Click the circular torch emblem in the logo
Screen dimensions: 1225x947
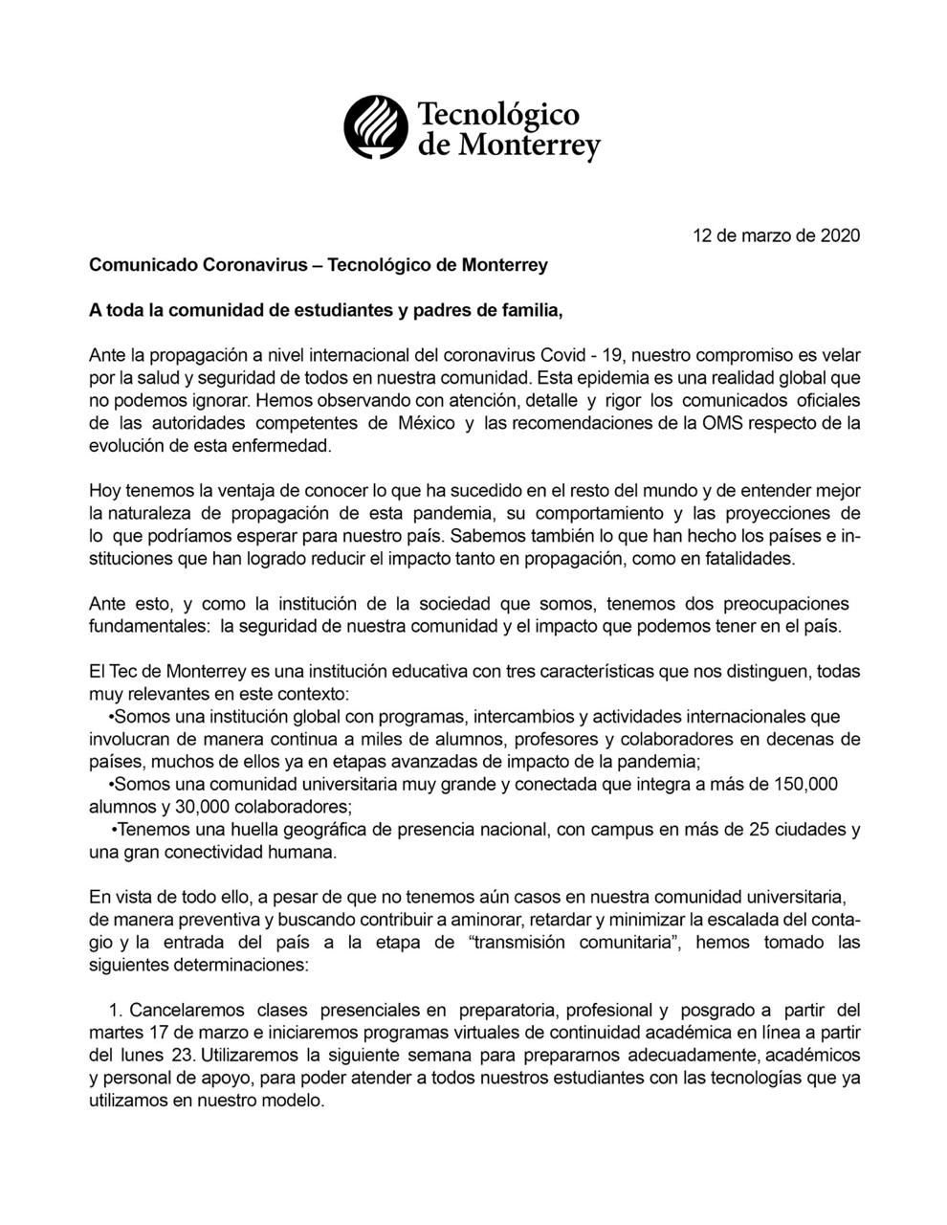point(376,127)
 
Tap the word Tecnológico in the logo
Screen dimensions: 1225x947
point(498,114)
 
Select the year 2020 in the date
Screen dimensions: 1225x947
point(840,235)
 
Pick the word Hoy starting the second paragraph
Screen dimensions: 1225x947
point(104,491)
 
